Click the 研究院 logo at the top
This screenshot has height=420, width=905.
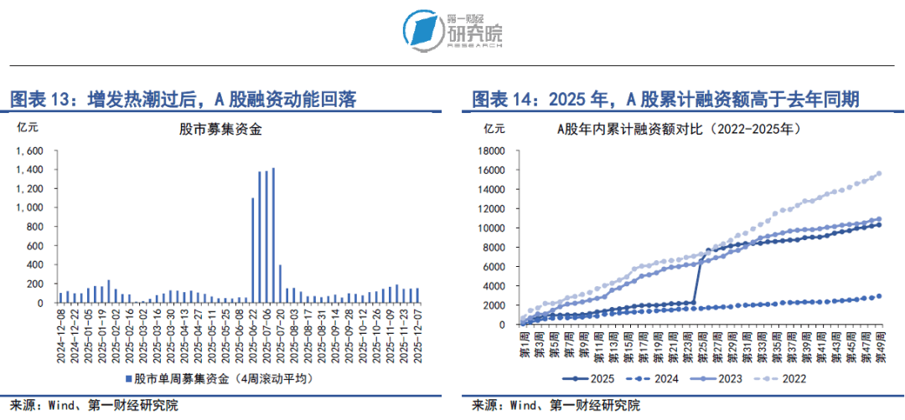coord(452,30)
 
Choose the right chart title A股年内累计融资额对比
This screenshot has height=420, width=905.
coord(680,129)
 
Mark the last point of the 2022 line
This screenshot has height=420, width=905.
coord(878,174)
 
